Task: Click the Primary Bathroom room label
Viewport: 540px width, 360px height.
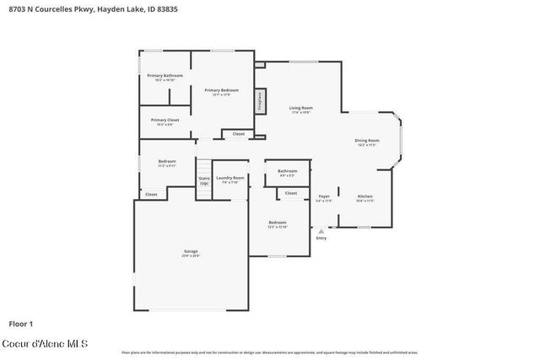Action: pos(165,78)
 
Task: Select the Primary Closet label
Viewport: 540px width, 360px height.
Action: pos(165,122)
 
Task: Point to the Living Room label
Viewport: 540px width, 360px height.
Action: pos(301,110)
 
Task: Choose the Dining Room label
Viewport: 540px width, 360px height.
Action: pos(366,142)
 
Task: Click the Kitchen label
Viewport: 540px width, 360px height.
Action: pos(364,197)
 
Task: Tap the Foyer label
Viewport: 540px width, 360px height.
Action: pos(323,197)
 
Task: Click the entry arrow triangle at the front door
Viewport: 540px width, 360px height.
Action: pos(321,230)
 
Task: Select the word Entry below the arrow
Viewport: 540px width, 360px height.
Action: pos(321,239)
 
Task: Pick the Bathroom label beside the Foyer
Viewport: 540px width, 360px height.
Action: pos(287,172)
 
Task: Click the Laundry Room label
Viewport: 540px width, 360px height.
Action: pos(229,179)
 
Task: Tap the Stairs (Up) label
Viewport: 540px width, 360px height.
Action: pos(203,180)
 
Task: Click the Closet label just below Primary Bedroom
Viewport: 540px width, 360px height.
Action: pos(239,133)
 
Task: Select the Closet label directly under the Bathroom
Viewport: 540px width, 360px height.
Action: pos(290,193)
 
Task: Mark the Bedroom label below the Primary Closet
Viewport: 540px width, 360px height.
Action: pos(167,163)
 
